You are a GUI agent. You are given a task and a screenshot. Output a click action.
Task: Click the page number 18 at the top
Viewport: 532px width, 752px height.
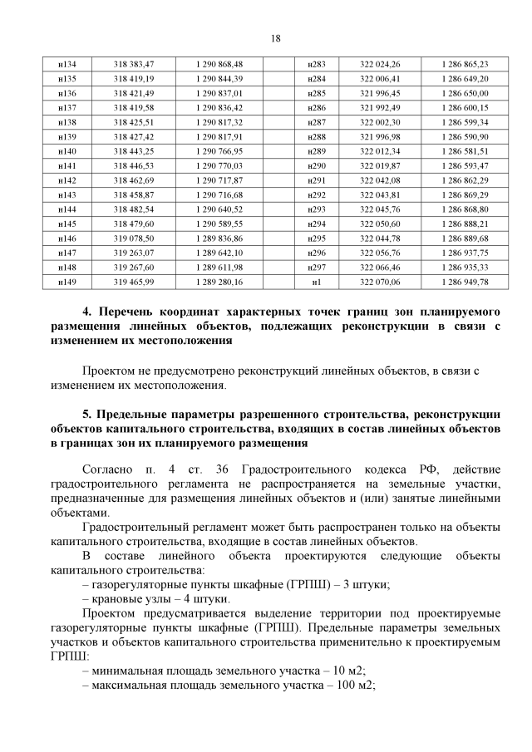tap(275, 38)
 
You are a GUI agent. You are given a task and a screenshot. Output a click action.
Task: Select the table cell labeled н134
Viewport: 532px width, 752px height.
tap(68, 64)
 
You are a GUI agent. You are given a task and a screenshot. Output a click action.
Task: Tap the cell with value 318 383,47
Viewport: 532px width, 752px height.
tap(134, 64)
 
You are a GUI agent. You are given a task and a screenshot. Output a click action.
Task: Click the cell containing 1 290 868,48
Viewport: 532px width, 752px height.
tap(219, 64)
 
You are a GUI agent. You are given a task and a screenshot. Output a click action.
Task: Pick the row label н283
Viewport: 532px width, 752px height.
tap(316, 64)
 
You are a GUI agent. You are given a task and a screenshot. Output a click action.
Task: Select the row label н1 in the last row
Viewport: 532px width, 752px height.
tap(316, 282)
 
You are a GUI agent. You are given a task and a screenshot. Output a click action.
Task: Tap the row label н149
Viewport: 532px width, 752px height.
tap(68, 282)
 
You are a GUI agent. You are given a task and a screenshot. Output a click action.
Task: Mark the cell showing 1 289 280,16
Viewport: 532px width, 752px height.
tap(219, 282)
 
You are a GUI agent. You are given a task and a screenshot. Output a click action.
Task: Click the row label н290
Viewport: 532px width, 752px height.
tap(316, 165)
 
